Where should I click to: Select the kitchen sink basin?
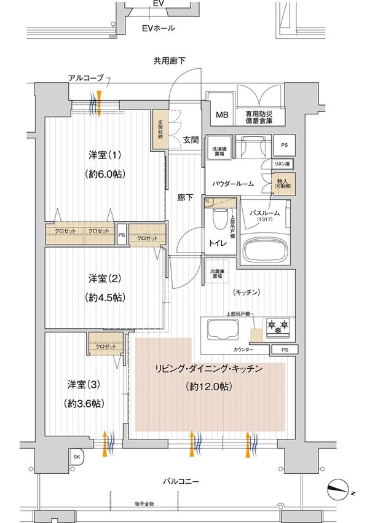(222, 331)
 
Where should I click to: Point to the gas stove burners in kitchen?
(278, 326)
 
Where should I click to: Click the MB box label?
(221, 115)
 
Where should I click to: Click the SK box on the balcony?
(76, 457)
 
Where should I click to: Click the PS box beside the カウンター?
(283, 350)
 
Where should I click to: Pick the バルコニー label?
(180, 482)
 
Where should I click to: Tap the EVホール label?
(158, 28)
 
